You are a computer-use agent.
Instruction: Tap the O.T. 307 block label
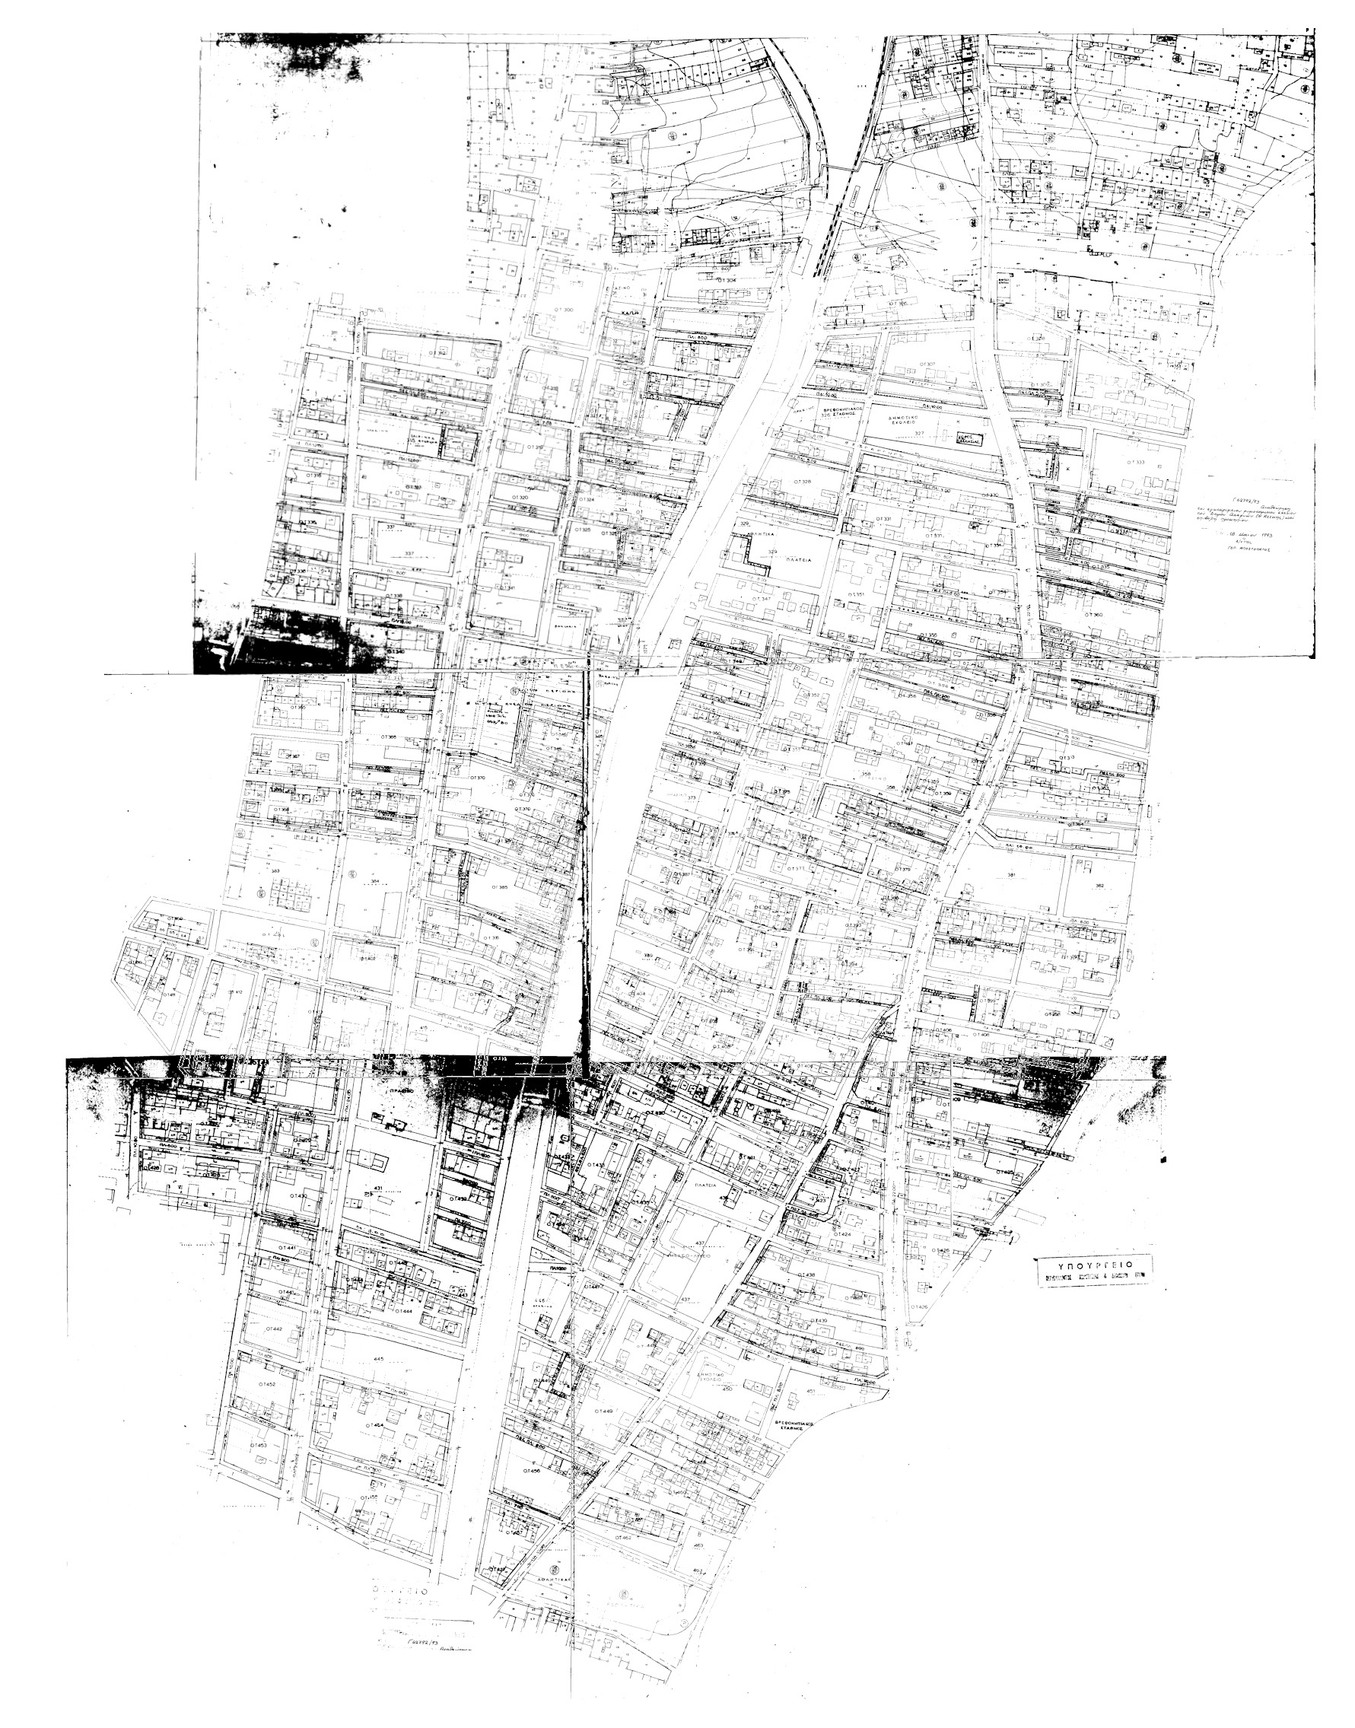pos(924,364)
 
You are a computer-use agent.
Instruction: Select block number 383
pos(275,871)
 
